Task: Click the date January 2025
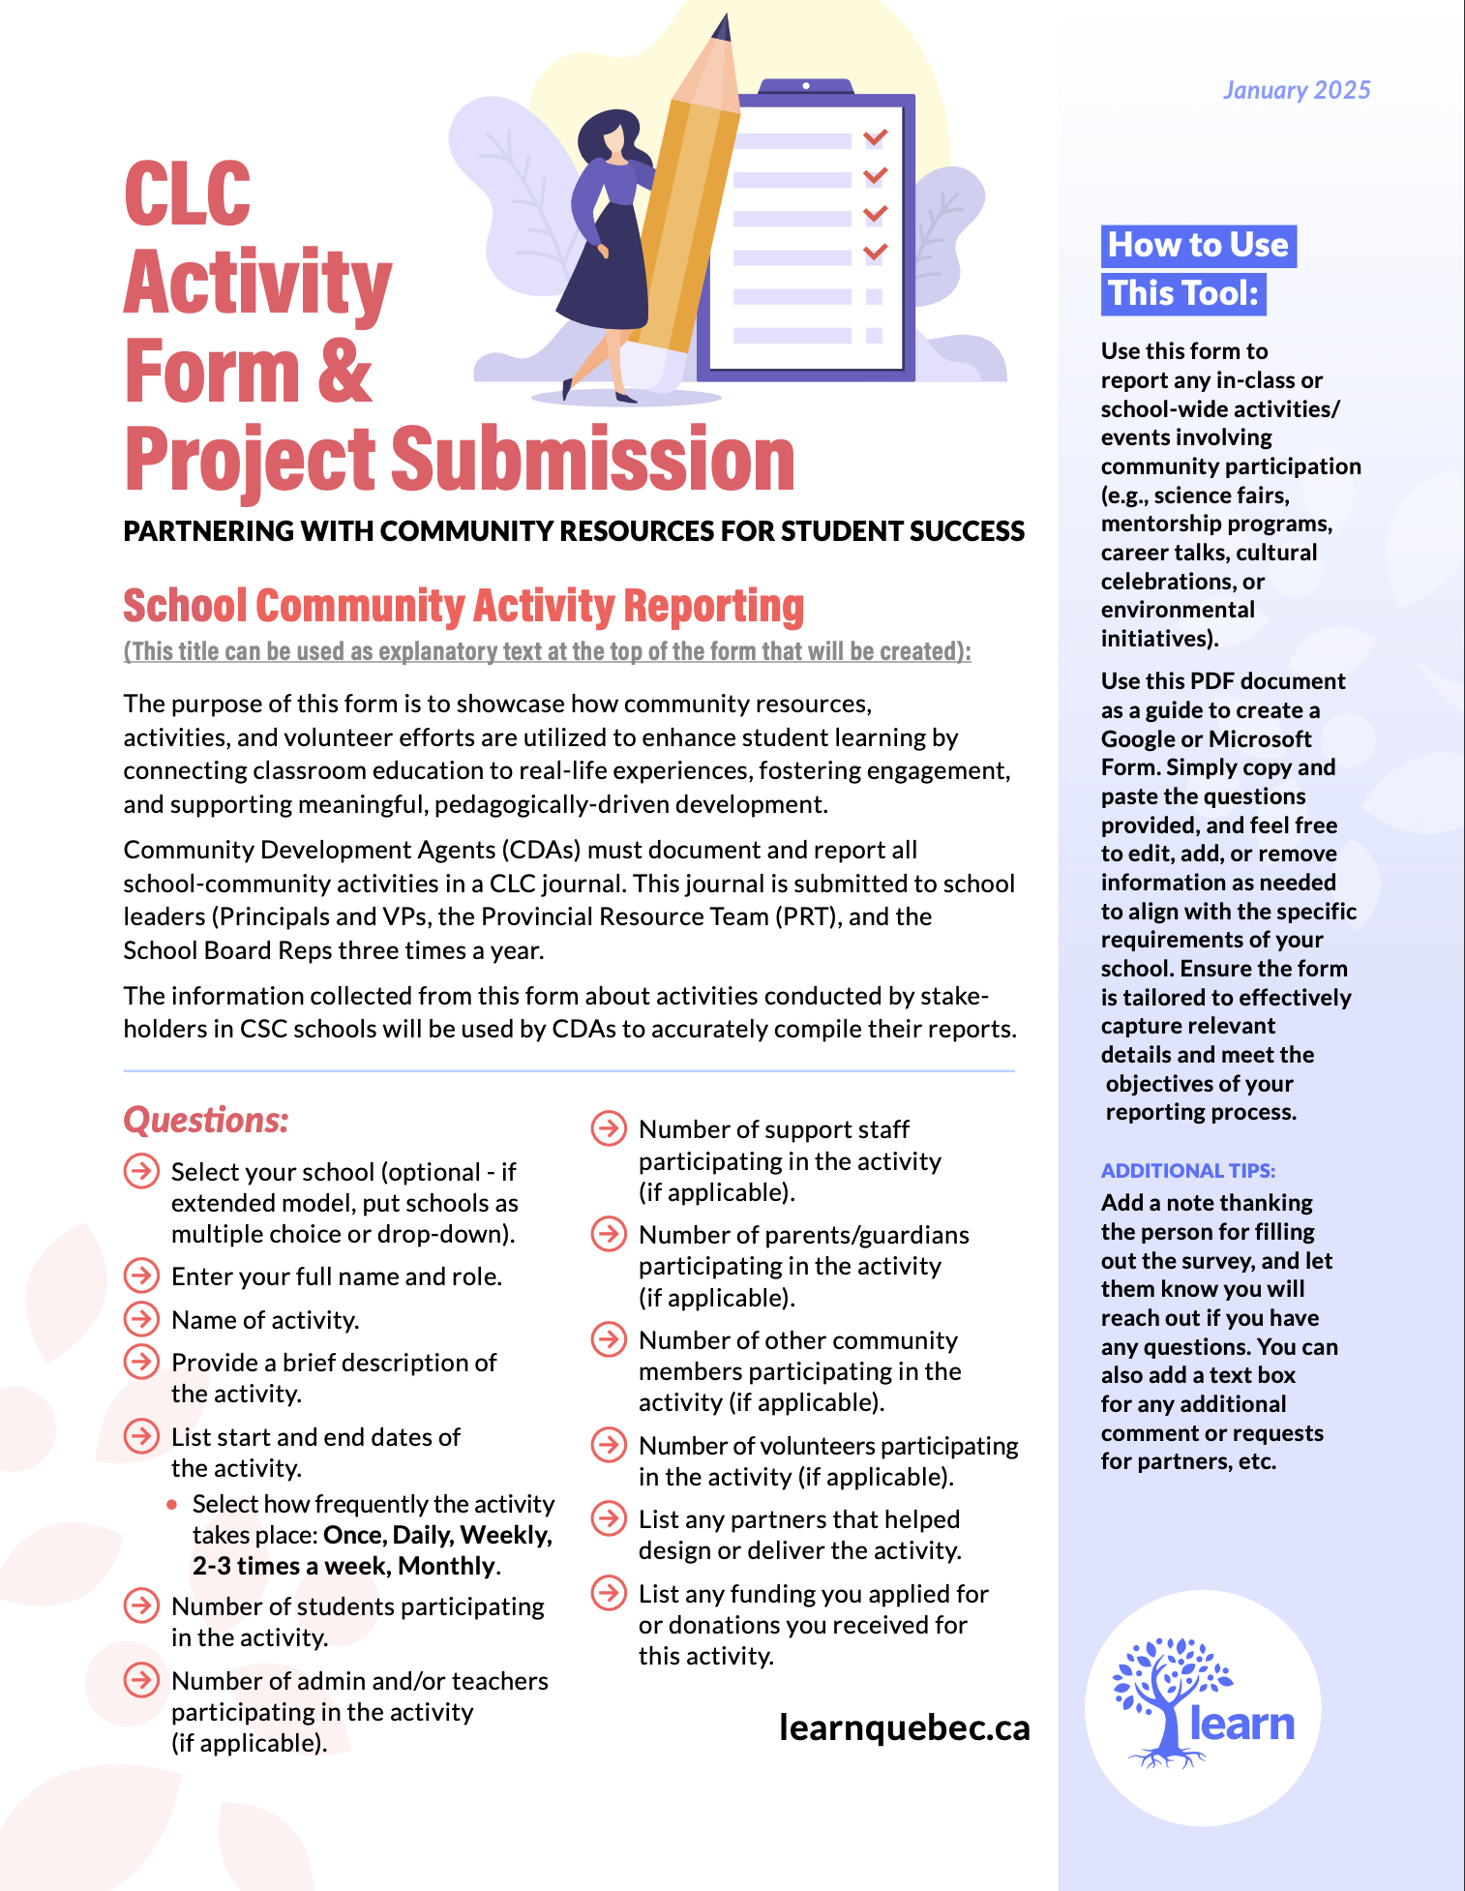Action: [1296, 91]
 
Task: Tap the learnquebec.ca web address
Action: [904, 1728]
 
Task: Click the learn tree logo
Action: [1203, 1703]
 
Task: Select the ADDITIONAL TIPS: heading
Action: [1187, 1171]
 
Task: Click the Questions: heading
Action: [206, 1121]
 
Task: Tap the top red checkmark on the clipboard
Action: [875, 137]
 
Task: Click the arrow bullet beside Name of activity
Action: [141, 1319]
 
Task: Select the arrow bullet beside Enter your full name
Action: [141, 1276]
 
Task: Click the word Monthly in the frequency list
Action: [447, 1566]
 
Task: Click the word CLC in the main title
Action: [188, 194]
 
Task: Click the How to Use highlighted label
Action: [1198, 246]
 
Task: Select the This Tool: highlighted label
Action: [1182, 294]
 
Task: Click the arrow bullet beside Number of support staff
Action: [609, 1128]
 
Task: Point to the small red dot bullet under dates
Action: [172, 1504]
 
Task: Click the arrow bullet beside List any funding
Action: [609, 1593]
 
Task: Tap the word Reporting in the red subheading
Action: [714, 607]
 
